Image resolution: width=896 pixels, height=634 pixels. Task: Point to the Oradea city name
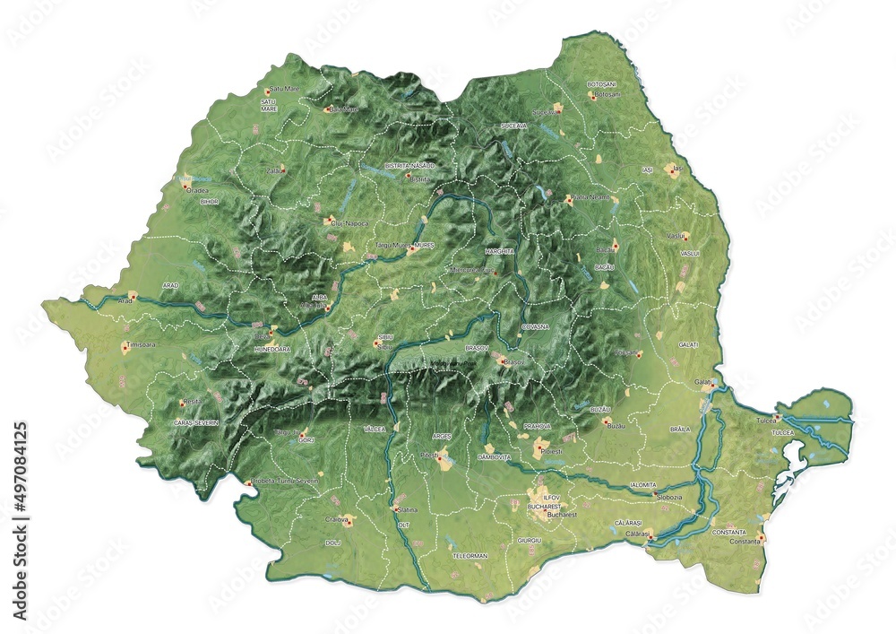pyautogui.click(x=197, y=190)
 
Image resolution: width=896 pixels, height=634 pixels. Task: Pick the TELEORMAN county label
pyautogui.click(x=470, y=556)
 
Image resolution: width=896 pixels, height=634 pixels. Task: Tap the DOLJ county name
pyautogui.click(x=333, y=543)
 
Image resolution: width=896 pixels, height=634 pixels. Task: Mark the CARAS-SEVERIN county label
pyautogui.click(x=196, y=421)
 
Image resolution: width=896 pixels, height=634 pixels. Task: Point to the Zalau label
pyautogui.click(x=275, y=169)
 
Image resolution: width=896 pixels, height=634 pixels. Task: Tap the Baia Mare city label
pyautogui.click(x=344, y=109)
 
